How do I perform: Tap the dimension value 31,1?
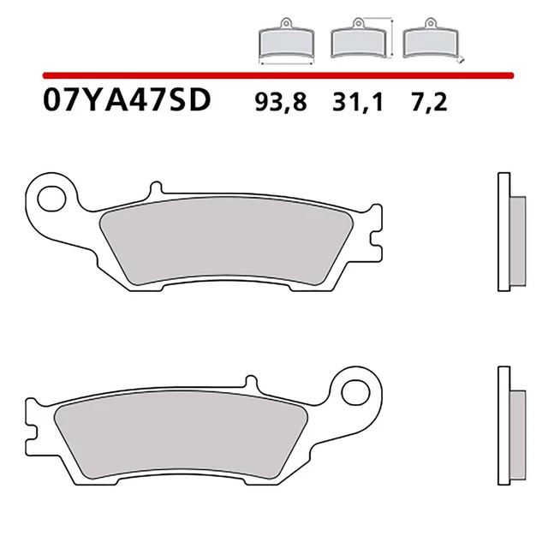pos(353,103)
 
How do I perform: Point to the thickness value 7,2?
pos(428,103)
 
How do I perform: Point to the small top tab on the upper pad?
pos(155,188)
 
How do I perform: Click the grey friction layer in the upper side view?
pos(516,243)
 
